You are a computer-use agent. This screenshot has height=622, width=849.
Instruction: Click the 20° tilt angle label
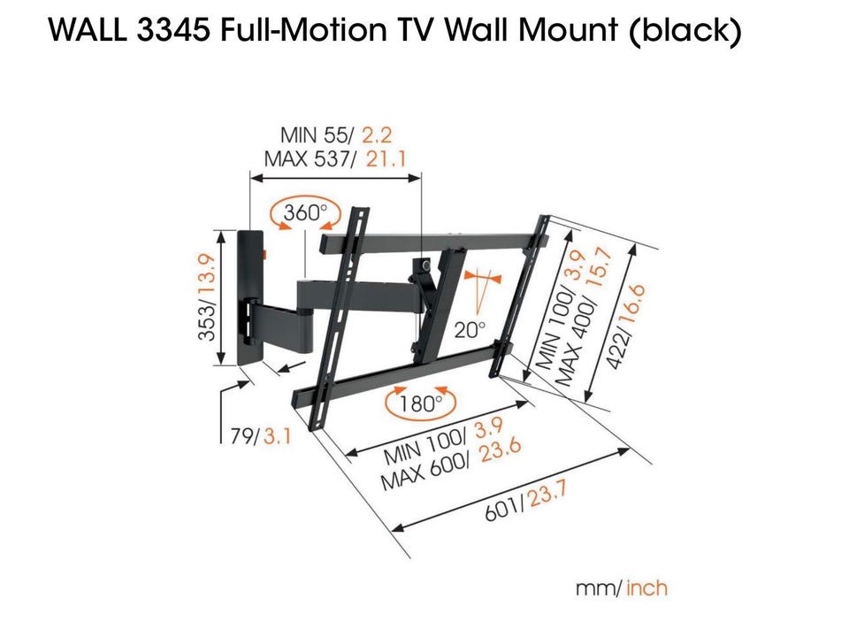pyautogui.click(x=470, y=330)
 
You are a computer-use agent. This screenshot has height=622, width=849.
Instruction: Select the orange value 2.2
pyautogui.click(x=371, y=135)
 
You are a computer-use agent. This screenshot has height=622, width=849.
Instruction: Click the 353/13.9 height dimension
pyautogui.click(x=209, y=298)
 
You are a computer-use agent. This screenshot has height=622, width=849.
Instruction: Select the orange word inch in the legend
pyautogui.click(x=648, y=587)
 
